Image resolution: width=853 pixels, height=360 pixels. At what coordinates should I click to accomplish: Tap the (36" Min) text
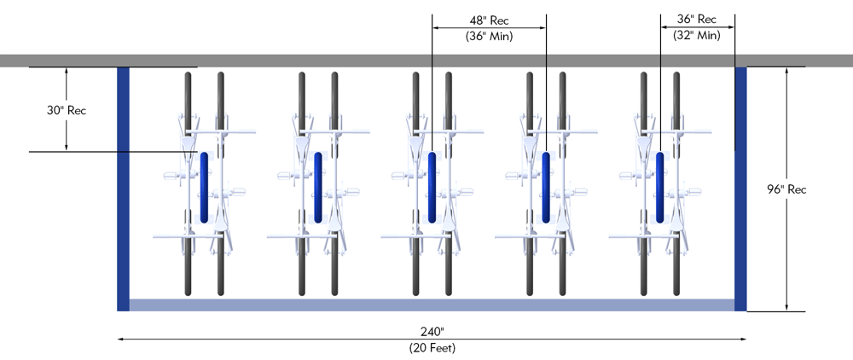(x=489, y=36)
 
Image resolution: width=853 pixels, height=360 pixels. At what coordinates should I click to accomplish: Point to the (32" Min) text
(x=696, y=36)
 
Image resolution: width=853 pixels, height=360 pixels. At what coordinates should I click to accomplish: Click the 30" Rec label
(x=67, y=110)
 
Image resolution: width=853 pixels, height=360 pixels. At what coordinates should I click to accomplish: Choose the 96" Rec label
(x=786, y=189)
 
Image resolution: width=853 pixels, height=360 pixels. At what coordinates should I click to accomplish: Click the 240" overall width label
(x=432, y=331)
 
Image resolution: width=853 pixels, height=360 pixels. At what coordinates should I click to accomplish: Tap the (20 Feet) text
(x=432, y=347)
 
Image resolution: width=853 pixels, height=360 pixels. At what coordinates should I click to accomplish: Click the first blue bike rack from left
(x=203, y=187)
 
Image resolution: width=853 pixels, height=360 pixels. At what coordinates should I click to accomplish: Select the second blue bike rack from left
(x=317, y=187)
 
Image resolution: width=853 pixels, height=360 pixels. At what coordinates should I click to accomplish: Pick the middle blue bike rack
(x=432, y=187)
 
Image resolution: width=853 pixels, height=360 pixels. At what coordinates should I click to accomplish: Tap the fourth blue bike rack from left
(x=546, y=187)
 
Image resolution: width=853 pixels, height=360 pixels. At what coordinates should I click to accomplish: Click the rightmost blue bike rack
(x=660, y=187)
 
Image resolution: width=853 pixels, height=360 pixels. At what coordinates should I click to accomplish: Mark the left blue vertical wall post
(x=123, y=188)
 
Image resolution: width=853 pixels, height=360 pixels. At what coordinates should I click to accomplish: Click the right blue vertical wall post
(x=740, y=188)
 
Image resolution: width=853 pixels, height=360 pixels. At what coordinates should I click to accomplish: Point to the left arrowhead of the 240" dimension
(x=120, y=339)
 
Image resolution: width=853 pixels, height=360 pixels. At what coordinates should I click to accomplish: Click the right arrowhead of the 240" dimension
(x=744, y=339)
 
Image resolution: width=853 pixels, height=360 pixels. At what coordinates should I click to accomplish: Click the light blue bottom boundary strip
(x=432, y=305)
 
